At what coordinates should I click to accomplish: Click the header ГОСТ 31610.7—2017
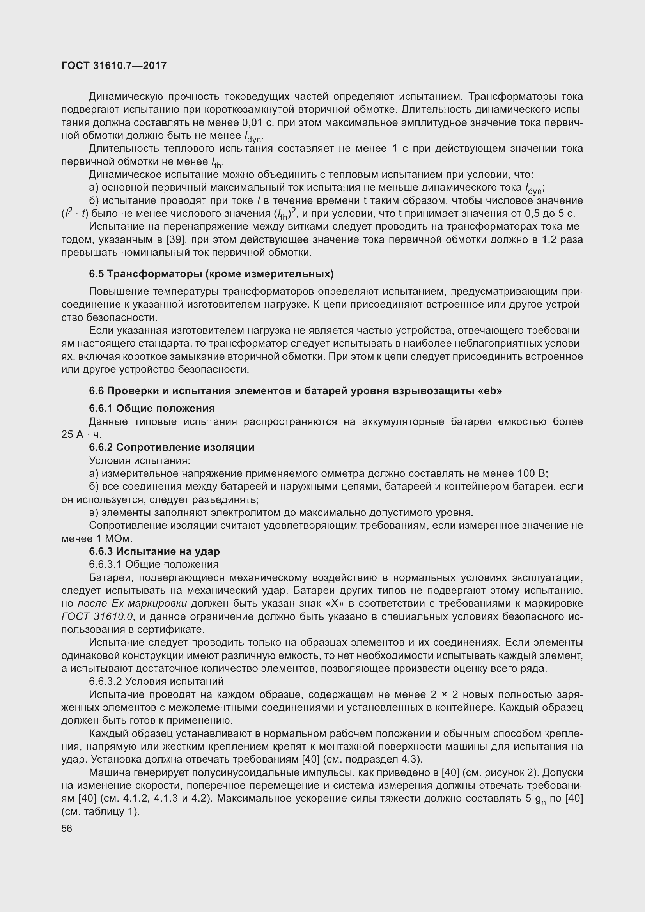114,66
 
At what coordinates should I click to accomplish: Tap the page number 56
67,828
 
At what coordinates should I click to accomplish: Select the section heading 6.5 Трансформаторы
211,274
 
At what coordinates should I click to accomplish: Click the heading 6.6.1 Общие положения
152,408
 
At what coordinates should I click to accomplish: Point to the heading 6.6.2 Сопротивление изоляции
172,447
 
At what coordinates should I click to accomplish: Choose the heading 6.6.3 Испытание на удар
154,551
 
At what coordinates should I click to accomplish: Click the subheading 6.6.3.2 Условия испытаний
156,681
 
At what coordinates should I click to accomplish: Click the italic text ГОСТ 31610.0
97,616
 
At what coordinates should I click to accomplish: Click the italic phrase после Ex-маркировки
132,603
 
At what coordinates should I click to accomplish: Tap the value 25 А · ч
81,434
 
